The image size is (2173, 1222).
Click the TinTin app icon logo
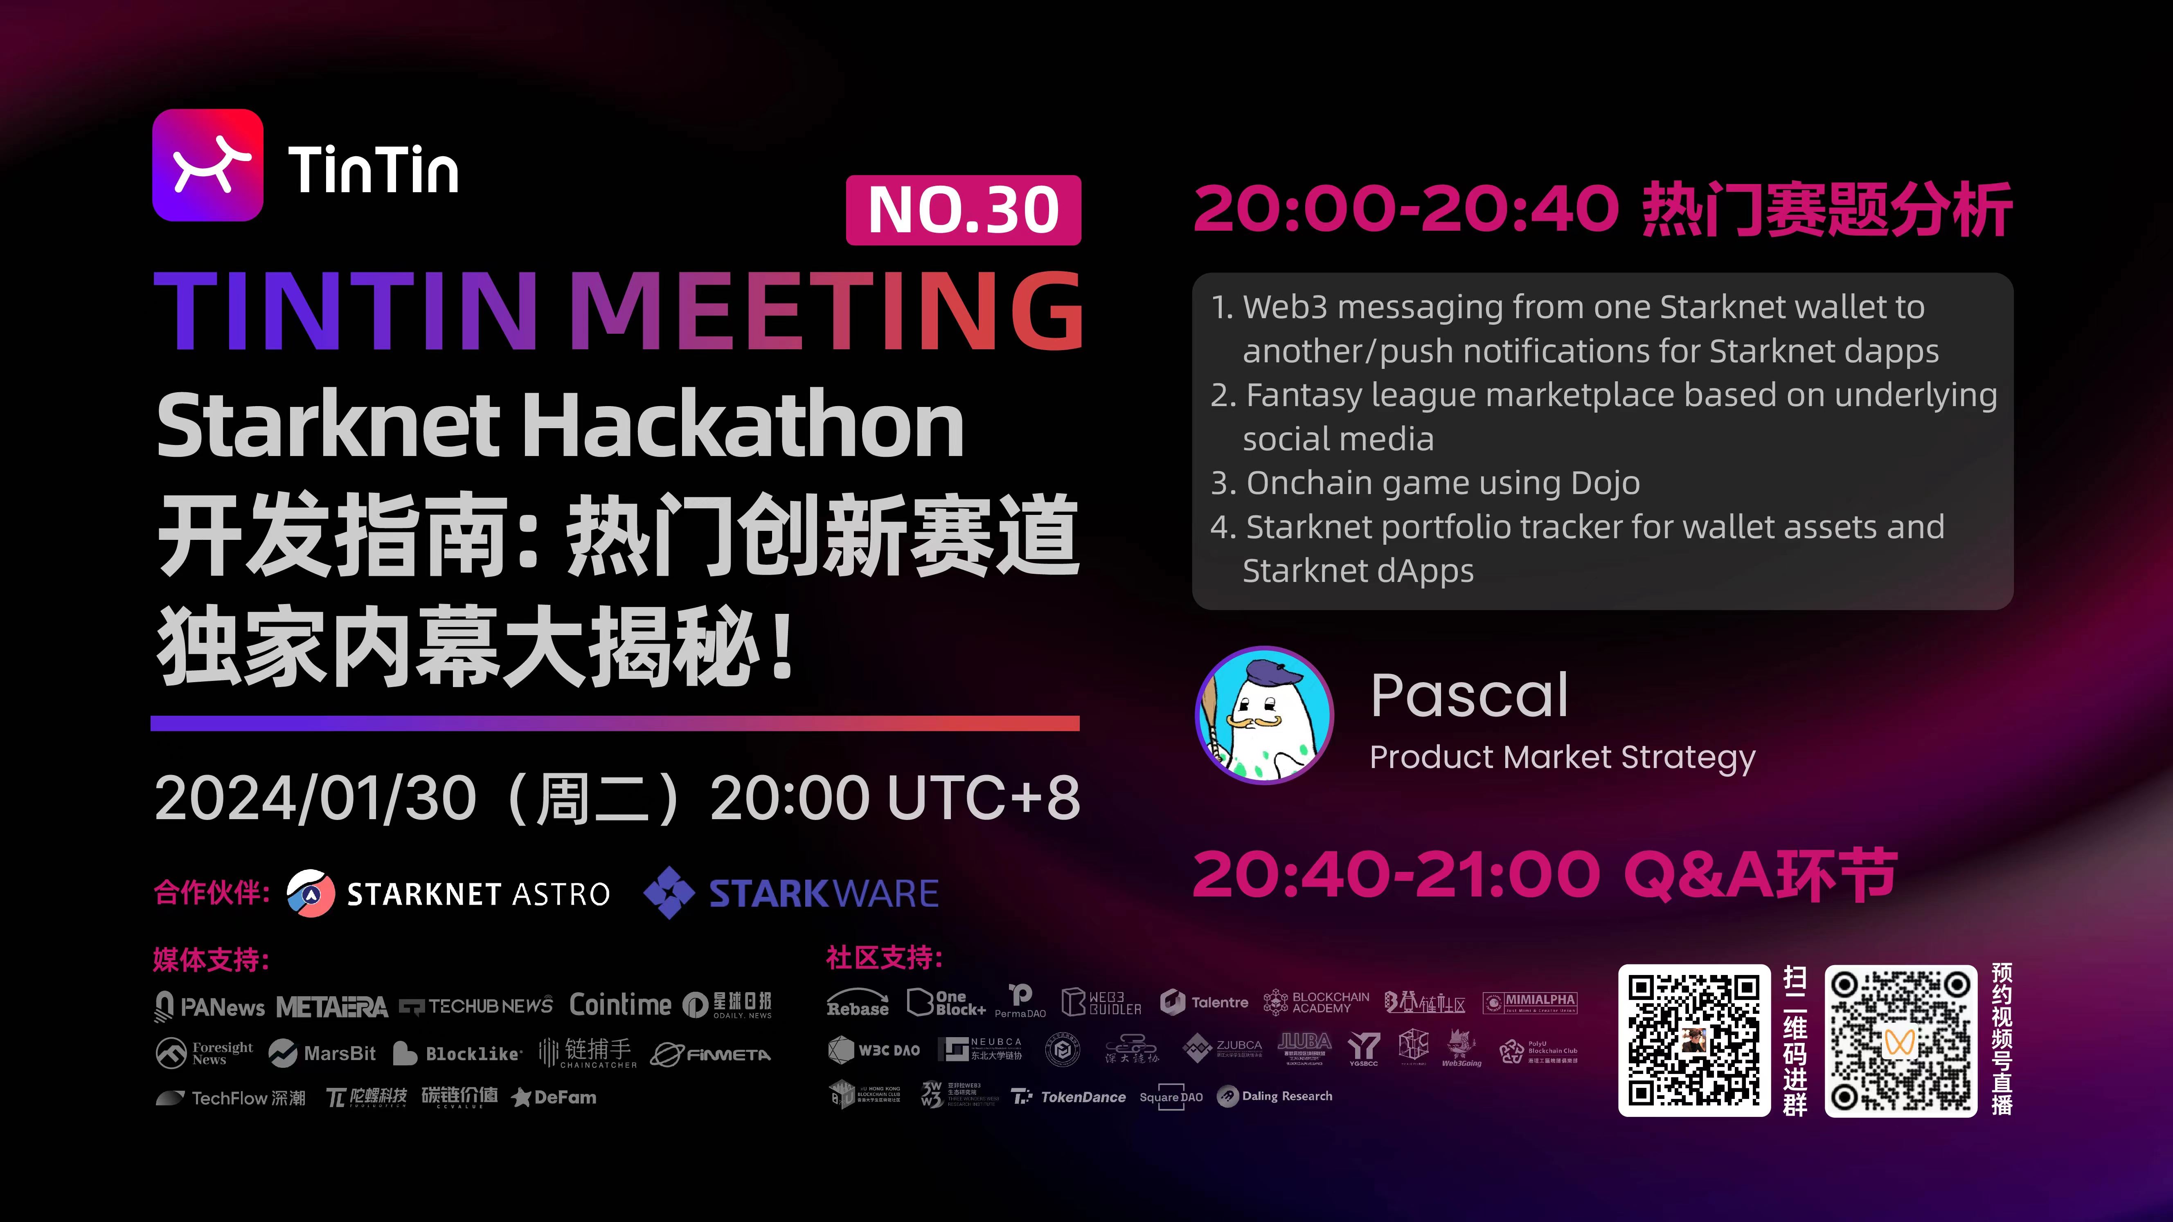pyautogui.click(x=207, y=165)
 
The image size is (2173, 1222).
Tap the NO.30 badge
pyautogui.click(x=963, y=210)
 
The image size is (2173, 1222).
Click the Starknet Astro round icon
pyautogui.click(x=311, y=893)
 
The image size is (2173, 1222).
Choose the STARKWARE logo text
pyautogui.click(x=823, y=893)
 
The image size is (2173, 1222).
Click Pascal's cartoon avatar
pyautogui.click(x=1265, y=715)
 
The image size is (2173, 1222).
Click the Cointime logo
pyautogui.click(x=620, y=1004)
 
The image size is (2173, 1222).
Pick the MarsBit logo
pyautogui.click(x=322, y=1054)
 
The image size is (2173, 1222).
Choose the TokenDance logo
pyautogui.click(x=1070, y=1096)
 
